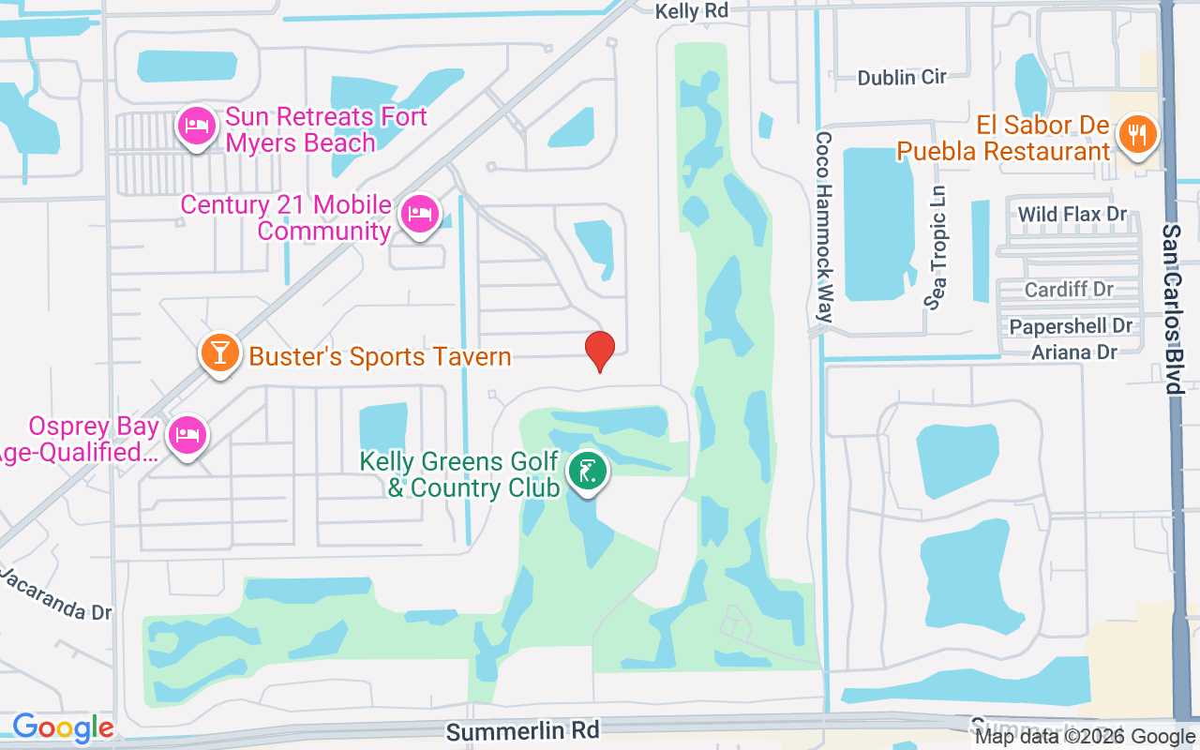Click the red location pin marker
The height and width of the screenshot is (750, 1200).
coord(600,351)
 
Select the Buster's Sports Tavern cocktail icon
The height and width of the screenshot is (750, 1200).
coord(218,354)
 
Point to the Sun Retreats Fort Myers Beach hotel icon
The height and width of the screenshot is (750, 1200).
coord(196,127)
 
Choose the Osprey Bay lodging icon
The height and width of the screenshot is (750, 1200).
coord(187,435)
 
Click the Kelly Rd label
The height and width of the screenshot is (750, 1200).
coord(691,11)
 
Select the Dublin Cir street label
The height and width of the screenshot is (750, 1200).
coord(902,77)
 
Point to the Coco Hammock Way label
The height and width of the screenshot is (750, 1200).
coord(823,226)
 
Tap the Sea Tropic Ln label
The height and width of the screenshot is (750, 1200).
coord(937,247)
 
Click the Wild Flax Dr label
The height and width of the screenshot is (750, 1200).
coord(1072,215)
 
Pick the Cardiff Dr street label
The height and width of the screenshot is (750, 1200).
coord(1069,289)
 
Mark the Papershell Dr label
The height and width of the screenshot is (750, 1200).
coord(1071,326)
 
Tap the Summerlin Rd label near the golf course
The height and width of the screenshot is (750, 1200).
coord(522,729)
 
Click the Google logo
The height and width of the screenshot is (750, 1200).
coord(63,727)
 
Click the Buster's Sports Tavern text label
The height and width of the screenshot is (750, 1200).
coord(380,356)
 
